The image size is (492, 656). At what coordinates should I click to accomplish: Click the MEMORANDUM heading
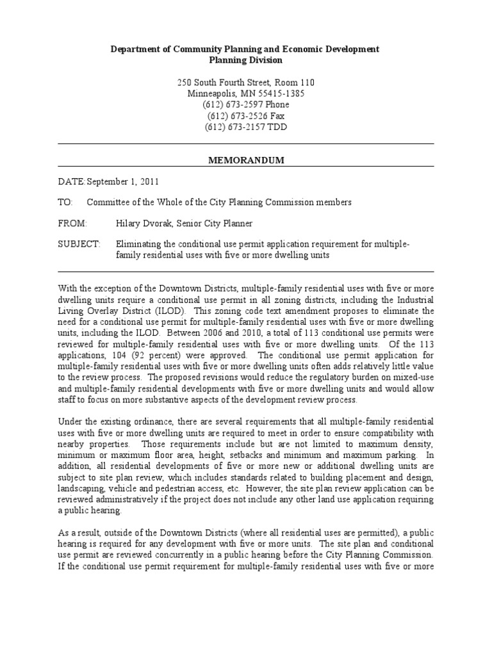[246, 161]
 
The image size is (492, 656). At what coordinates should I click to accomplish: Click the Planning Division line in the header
[246, 60]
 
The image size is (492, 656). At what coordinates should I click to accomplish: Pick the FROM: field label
[71, 223]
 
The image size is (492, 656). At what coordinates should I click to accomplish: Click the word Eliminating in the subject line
[141, 244]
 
